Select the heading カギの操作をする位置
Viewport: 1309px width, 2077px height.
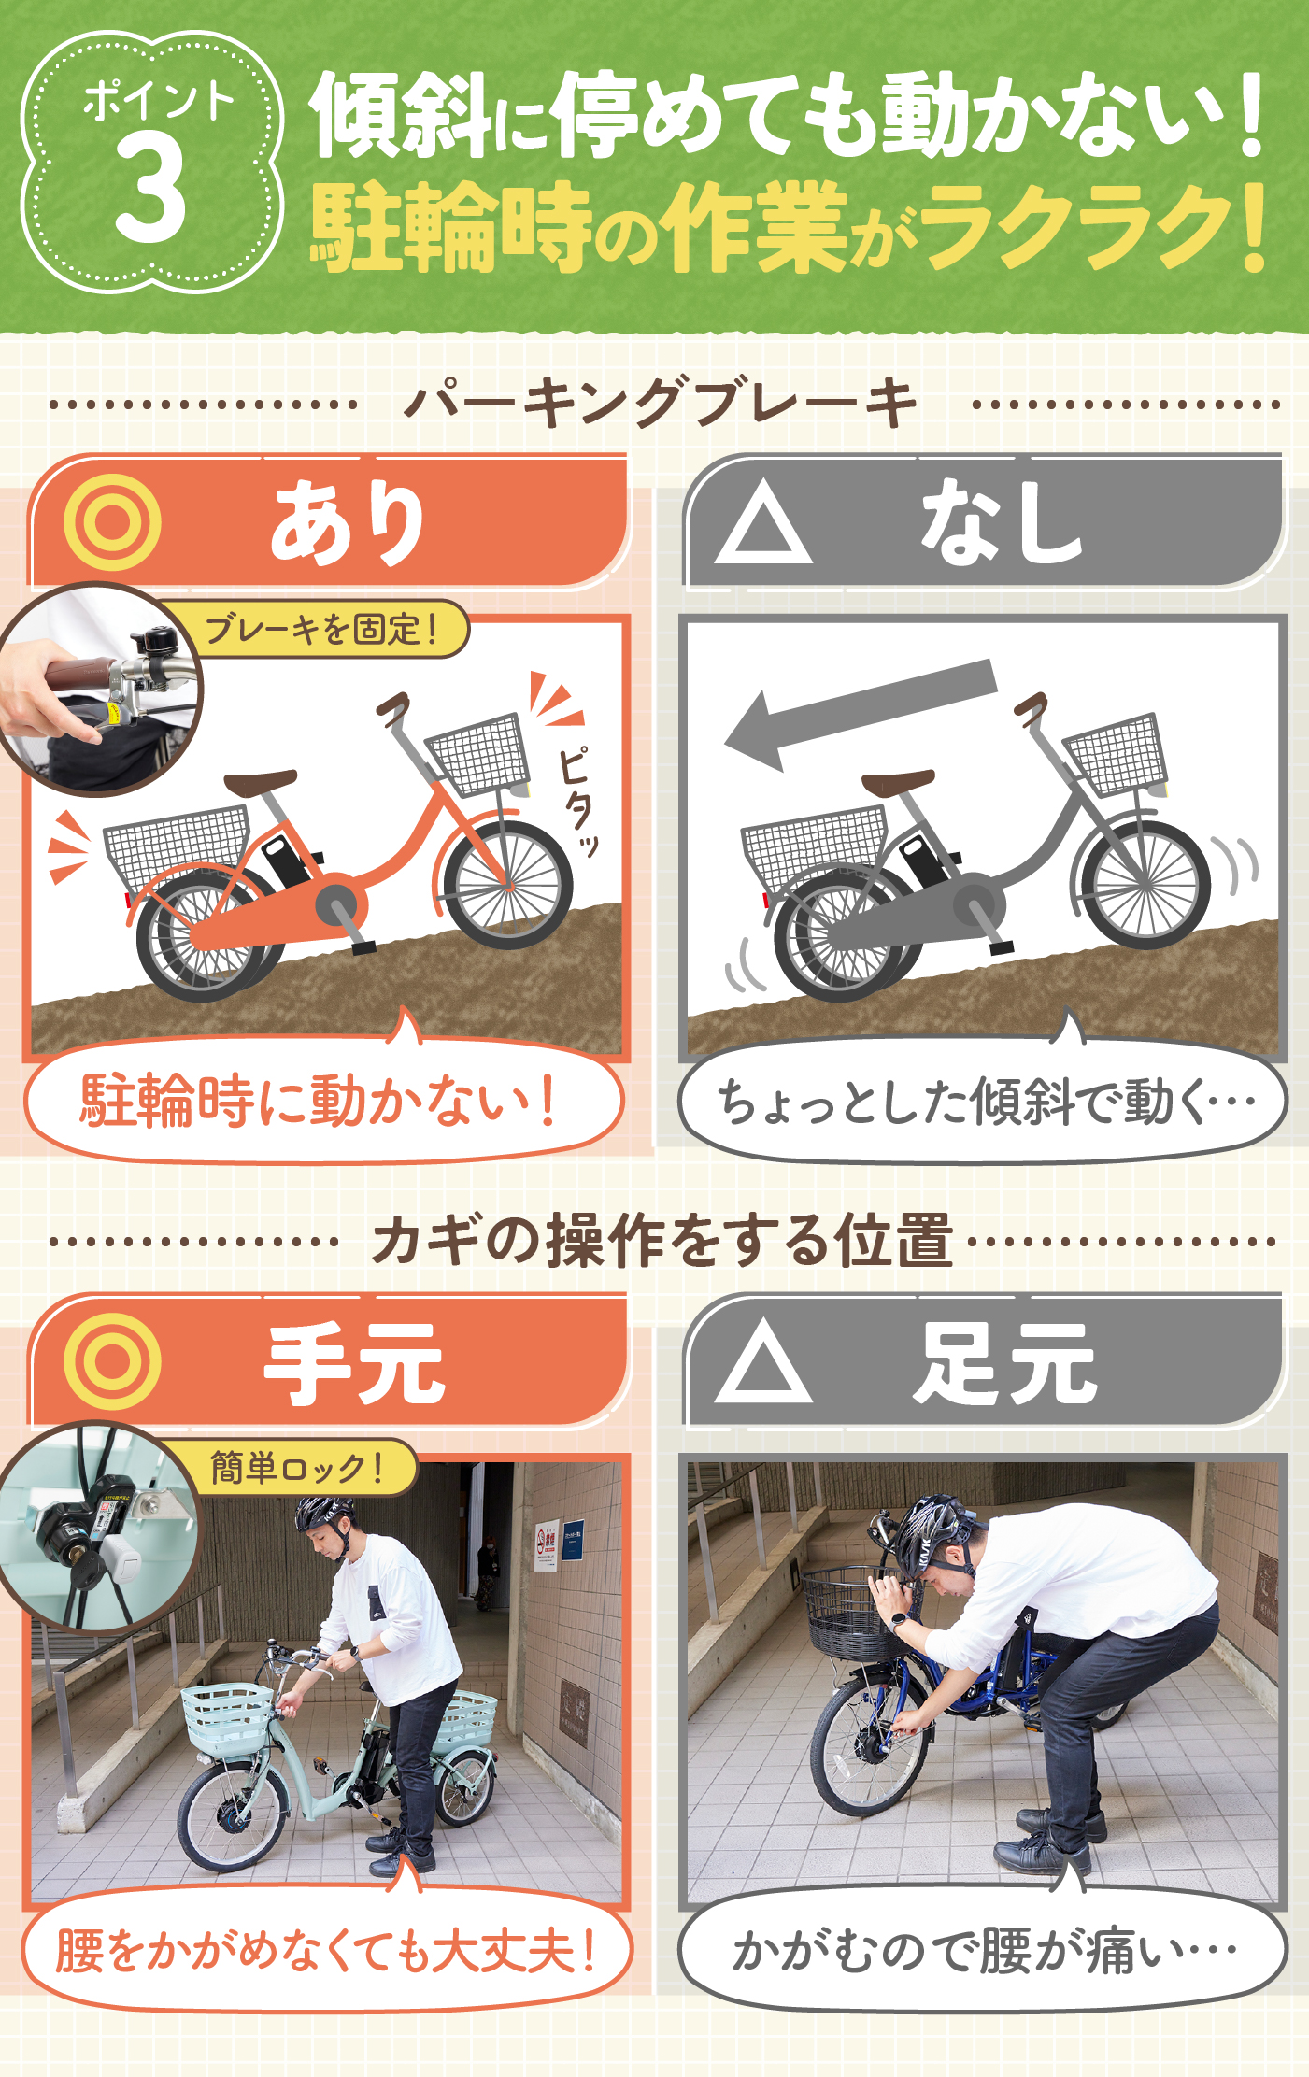[x=662, y=1241]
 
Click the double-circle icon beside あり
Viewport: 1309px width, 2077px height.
[x=112, y=522]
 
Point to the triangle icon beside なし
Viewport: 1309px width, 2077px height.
[x=763, y=524]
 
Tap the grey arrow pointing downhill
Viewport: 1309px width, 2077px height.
[x=860, y=711]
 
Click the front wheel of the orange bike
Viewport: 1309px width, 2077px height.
[x=507, y=884]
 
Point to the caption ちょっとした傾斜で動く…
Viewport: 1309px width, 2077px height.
[x=984, y=1103]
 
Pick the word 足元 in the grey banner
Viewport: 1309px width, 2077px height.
[x=1004, y=1364]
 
